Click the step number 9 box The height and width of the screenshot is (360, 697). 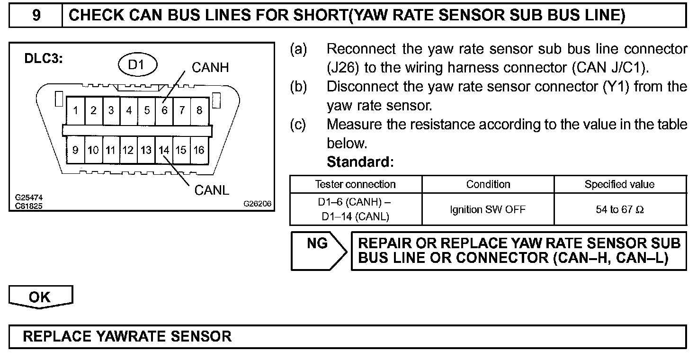pos(36,16)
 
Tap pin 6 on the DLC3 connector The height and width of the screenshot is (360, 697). pos(164,111)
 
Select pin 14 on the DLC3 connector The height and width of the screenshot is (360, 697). pos(164,150)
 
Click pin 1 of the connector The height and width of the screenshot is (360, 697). pos(76,111)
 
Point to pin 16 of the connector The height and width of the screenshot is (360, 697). pos(199,150)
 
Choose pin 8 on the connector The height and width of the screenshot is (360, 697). pos(199,111)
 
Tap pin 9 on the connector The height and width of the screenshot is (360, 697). pos(76,150)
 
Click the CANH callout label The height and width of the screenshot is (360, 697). pos(210,68)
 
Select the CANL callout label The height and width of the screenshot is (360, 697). pos(212,190)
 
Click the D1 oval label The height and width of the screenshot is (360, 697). pos(137,65)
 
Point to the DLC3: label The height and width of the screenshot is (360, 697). pos(44,60)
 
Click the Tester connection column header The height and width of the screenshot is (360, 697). pos(356,184)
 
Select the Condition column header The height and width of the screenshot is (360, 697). pos(488,184)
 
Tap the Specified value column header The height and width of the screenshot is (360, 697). pos(619,184)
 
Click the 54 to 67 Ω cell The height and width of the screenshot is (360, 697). pos(619,209)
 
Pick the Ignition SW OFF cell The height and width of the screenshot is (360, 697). pos(488,209)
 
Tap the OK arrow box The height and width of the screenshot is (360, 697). pos(40,297)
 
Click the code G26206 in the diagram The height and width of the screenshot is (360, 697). pos(258,204)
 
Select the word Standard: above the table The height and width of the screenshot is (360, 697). pos(360,162)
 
